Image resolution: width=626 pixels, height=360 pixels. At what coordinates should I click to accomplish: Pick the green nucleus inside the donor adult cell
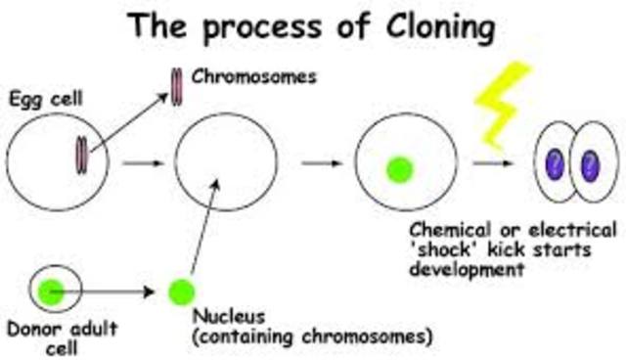[x=52, y=290]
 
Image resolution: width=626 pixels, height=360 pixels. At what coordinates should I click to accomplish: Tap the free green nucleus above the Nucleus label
[x=180, y=291]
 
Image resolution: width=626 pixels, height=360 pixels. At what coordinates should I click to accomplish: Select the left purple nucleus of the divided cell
[x=554, y=163]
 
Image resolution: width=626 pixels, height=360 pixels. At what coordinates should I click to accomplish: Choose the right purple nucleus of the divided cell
[x=590, y=163]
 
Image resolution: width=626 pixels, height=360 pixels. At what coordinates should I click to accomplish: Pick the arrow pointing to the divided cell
[x=489, y=162]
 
